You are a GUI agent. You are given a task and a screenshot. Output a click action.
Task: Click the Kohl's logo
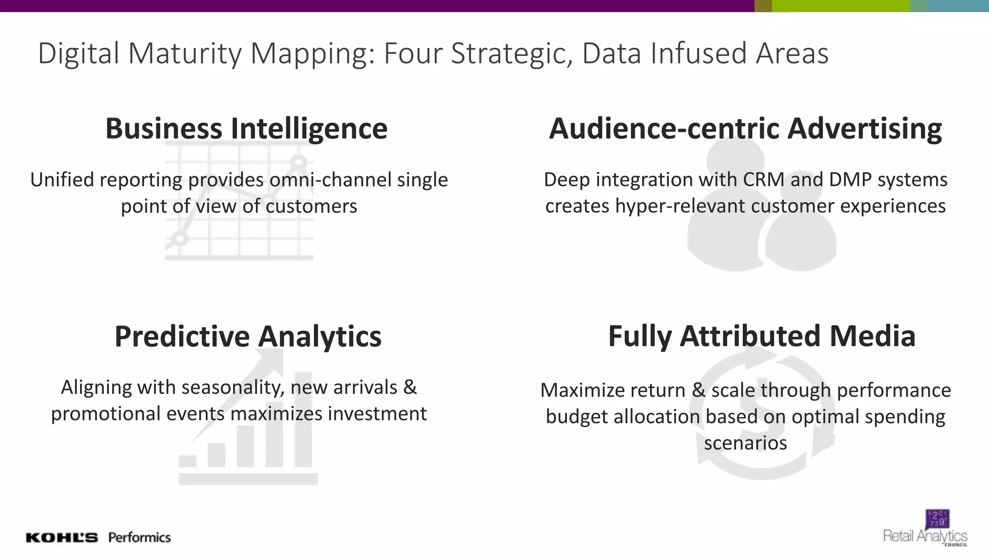(x=62, y=538)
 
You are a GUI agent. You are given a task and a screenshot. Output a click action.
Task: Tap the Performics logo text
(x=140, y=537)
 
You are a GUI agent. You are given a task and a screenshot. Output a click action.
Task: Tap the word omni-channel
(x=330, y=180)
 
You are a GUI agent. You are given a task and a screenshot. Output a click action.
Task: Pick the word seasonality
(x=233, y=387)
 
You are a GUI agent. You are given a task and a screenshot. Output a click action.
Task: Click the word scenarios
(x=745, y=443)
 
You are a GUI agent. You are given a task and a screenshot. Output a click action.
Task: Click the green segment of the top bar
(x=840, y=6)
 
